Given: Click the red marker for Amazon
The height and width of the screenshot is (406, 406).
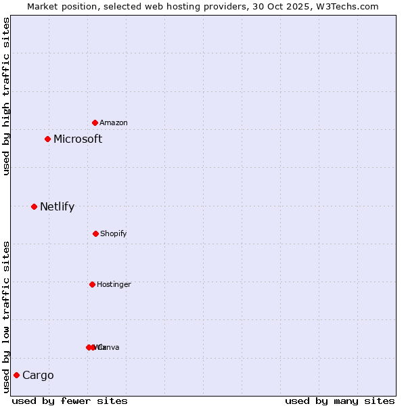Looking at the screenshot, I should coord(95,122).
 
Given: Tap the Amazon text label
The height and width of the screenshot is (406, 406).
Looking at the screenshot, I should coord(114,122).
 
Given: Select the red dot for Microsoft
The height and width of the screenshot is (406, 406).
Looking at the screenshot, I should coord(47,139).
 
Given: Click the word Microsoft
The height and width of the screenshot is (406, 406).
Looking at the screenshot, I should coord(78,139).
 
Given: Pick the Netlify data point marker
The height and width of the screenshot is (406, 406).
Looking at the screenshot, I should coord(34,206).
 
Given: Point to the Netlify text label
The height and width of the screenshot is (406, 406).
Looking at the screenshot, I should coord(57,207).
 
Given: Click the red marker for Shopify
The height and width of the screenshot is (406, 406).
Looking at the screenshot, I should coord(95,233).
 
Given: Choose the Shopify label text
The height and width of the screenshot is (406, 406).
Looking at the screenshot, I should coord(114,233).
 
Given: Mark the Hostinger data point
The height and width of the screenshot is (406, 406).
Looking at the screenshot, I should coord(92,284).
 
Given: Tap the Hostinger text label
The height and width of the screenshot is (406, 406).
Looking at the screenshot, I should coord(114,284).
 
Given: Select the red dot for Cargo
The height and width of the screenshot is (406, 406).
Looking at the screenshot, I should coord(16,375).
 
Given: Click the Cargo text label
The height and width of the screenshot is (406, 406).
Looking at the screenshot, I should coord(38,376).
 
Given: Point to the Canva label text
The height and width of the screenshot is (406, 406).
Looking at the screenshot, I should coord(110,347).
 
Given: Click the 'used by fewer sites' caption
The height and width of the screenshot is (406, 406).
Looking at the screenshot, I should coord(70,401).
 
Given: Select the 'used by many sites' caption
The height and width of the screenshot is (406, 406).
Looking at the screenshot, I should coord(340,401).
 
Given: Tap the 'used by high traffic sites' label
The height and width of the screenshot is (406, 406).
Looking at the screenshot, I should coord(6,96).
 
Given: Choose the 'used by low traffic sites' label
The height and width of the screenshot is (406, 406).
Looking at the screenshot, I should coord(6,316).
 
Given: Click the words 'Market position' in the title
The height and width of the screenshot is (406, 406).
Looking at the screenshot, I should coord(60,6).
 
